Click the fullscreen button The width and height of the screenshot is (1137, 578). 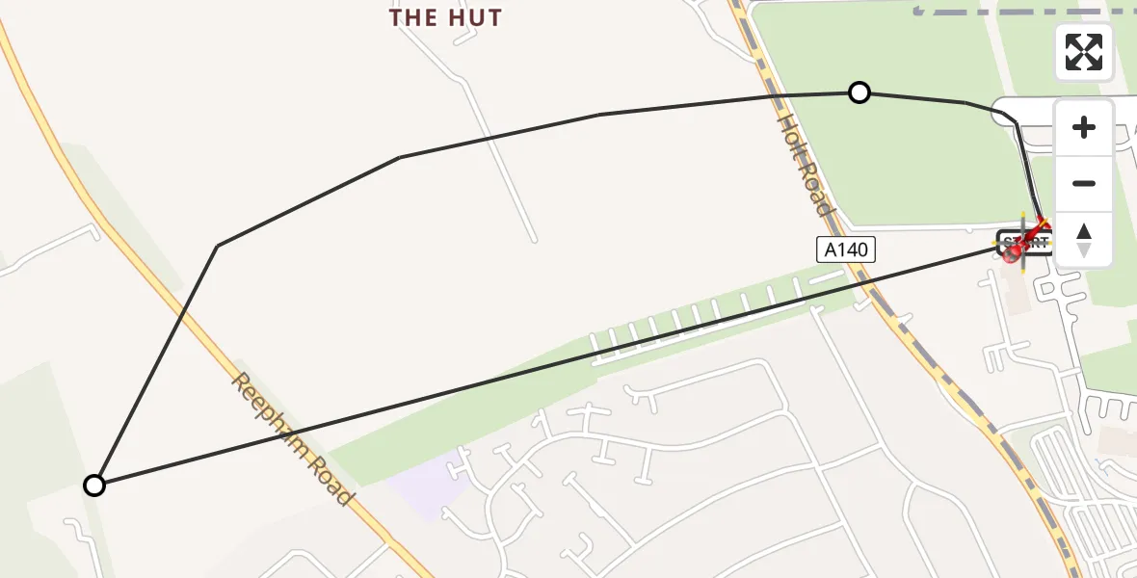click(x=1084, y=52)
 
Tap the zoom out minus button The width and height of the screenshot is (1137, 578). click(x=1084, y=184)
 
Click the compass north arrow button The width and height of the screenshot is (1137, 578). click(x=1084, y=240)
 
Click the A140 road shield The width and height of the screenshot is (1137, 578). click(x=845, y=250)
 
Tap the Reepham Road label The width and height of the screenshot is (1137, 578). click(x=290, y=439)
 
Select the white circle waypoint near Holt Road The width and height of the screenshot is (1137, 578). click(x=859, y=92)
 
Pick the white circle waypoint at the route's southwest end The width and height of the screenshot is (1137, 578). click(x=93, y=486)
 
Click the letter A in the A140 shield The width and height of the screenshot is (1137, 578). click(x=829, y=250)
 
